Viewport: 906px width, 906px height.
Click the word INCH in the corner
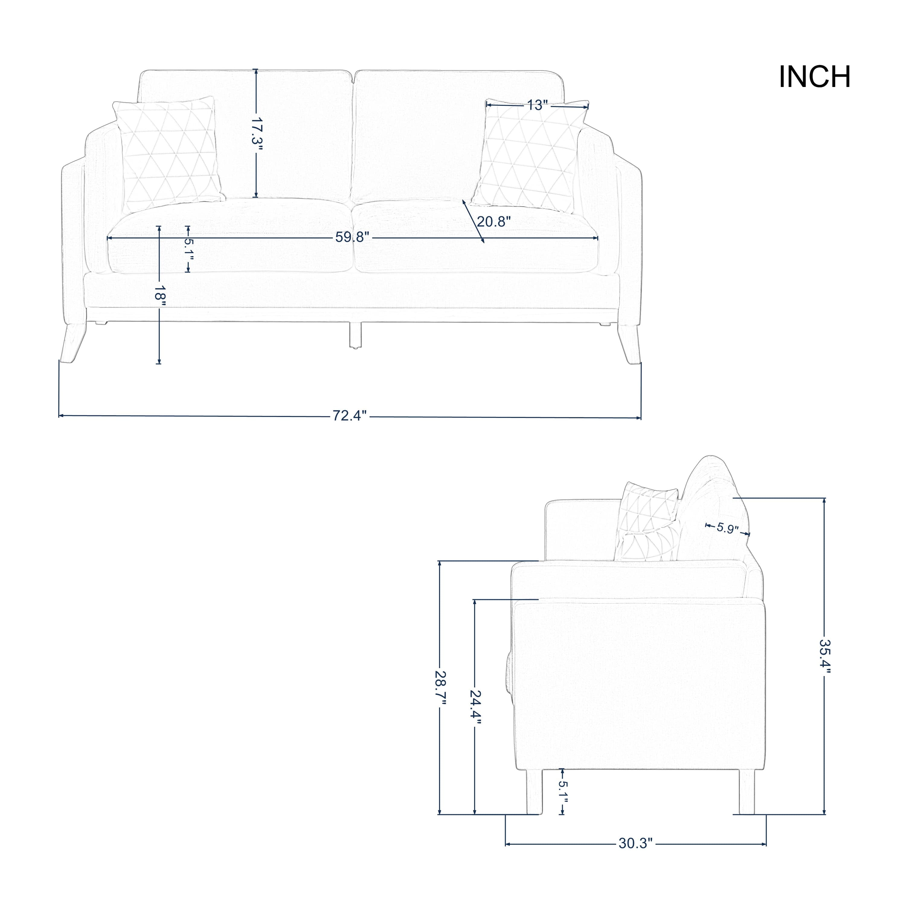tap(814, 77)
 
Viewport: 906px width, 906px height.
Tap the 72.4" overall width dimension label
tap(349, 416)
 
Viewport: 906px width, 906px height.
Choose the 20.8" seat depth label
tap(493, 221)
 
